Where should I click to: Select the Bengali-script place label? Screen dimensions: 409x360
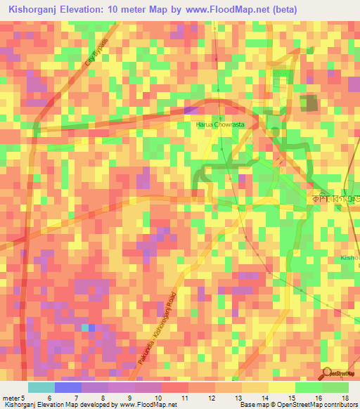tap(337, 199)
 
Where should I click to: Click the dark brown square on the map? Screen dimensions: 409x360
tap(309, 103)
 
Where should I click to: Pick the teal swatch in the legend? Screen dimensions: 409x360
tap(41, 387)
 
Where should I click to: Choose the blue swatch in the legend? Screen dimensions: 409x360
tap(67, 387)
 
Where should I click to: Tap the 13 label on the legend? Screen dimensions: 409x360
tap(239, 399)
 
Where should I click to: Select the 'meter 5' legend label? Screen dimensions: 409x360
tap(14, 399)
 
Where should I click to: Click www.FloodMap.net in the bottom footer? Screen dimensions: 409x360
tap(148, 405)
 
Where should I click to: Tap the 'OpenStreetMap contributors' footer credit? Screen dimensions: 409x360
tap(318, 405)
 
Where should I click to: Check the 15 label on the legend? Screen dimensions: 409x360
tap(291, 399)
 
